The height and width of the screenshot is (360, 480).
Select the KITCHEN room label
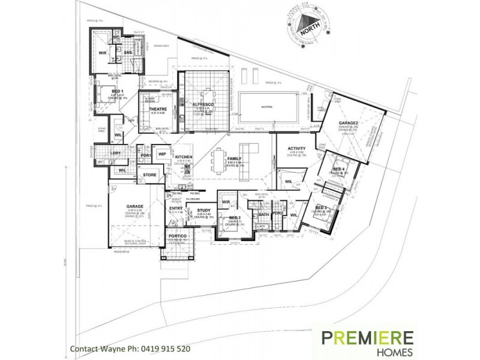(x=183, y=156)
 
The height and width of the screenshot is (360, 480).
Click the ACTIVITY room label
(x=297, y=148)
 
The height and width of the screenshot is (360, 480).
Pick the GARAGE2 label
(x=348, y=123)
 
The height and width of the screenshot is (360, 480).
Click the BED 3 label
(x=321, y=208)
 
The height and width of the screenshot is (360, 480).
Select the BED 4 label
(x=338, y=169)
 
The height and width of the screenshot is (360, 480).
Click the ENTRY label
(x=176, y=208)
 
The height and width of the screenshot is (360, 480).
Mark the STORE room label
(x=149, y=175)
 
